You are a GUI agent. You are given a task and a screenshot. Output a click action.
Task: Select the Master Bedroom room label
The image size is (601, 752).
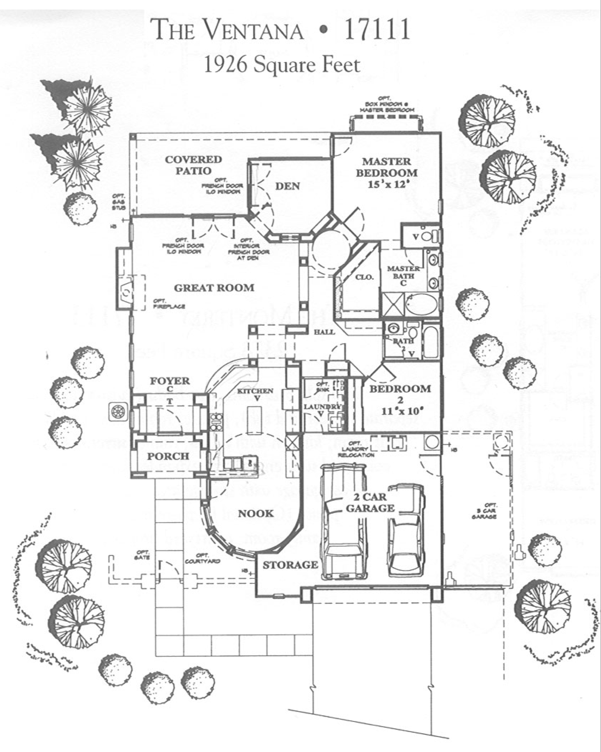pyautogui.click(x=386, y=167)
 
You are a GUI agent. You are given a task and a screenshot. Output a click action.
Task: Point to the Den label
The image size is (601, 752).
pyautogui.click(x=287, y=186)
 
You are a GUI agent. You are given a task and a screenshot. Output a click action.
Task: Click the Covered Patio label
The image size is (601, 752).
pyautogui.click(x=193, y=165)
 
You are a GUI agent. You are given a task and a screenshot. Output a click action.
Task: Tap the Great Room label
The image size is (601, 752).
pyautogui.click(x=214, y=288)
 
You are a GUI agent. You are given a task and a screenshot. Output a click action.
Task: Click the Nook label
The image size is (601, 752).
pyautogui.click(x=256, y=514)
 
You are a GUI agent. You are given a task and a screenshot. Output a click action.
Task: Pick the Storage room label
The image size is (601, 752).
pyautogui.click(x=290, y=565)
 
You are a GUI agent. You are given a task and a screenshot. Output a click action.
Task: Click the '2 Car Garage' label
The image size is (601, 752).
pyautogui.click(x=370, y=503)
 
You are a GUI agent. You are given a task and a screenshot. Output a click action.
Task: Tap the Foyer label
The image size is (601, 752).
pyautogui.click(x=169, y=381)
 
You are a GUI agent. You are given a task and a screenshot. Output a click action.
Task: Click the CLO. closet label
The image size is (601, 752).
pyautogui.click(x=364, y=277)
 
